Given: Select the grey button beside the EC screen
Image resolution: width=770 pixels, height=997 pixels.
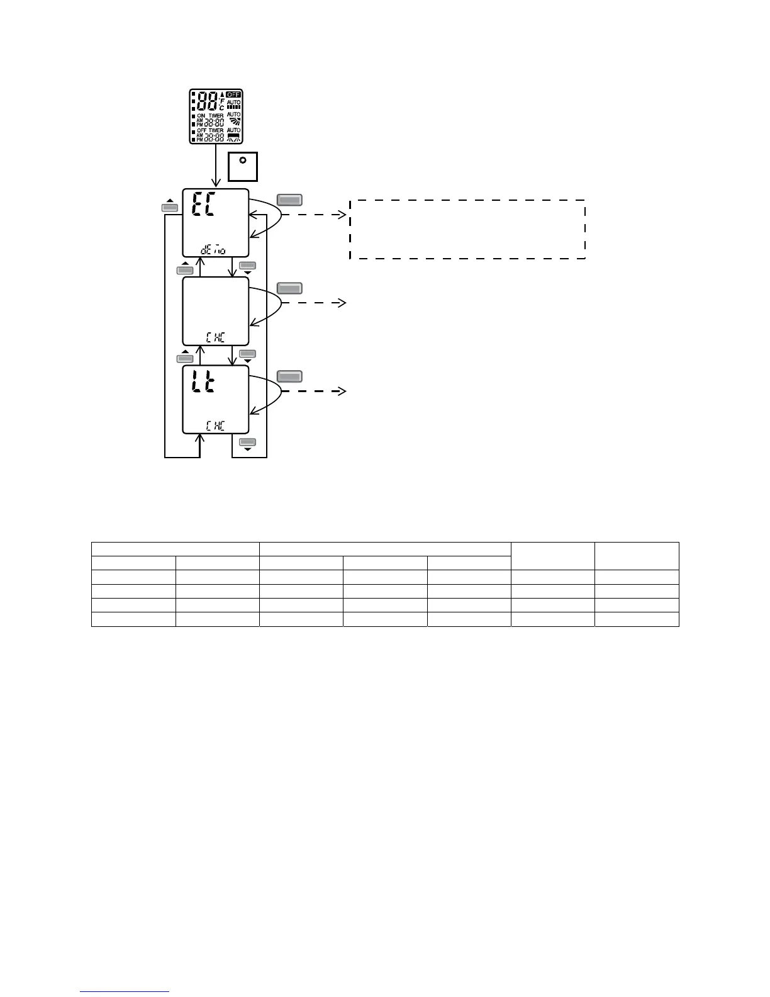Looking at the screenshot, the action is (x=289, y=200).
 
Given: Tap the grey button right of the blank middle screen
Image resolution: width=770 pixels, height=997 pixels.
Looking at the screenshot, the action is (x=289, y=288).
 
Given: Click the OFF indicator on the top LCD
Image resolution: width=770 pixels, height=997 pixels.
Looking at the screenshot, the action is (x=233, y=95).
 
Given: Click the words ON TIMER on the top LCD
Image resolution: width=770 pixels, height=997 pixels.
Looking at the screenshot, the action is (x=210, y=116).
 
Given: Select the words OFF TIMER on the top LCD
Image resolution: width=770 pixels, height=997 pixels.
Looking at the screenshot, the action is (x=210, y=130).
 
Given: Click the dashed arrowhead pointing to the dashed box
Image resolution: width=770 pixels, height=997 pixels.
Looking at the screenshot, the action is (x=343, y=215).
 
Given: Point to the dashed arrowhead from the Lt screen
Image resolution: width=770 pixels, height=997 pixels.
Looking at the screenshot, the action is (x=343, y=391).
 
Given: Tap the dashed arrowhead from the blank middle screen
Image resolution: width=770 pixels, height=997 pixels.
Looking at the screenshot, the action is (x=343, y=303).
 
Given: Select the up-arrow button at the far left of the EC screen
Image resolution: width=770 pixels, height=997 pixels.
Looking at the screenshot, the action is (x=170, y=206).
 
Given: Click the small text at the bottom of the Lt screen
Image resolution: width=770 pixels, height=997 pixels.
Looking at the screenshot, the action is (x=215, y=425).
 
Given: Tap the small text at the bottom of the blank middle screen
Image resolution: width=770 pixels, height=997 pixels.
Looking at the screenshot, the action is (x=215, y=337).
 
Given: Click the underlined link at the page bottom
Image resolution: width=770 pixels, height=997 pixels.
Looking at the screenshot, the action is (x=125, y=991).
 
